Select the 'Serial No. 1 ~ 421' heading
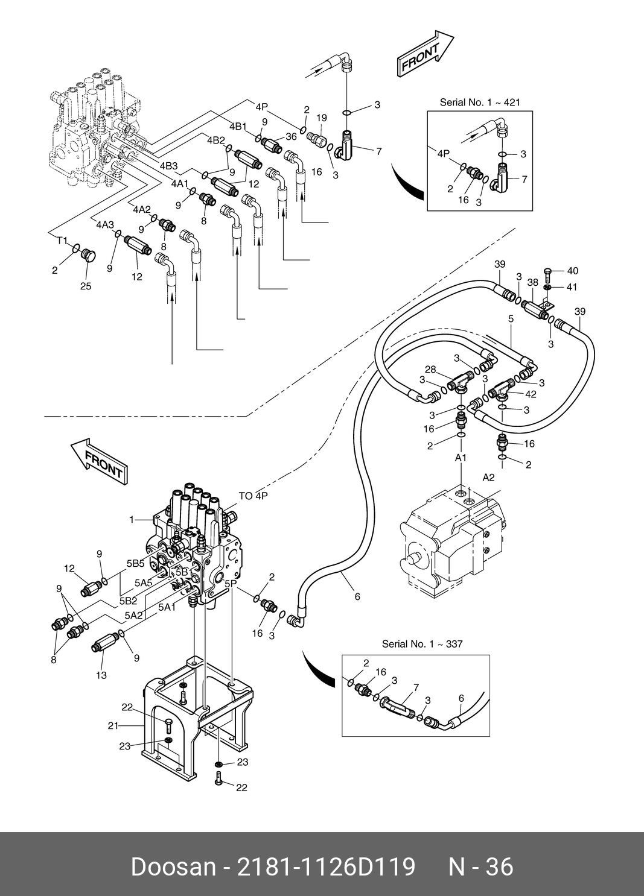480,103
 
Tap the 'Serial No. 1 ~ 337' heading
422,644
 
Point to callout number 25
86,286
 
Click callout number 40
572,271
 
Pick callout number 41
572,287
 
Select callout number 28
430,370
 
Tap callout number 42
531,394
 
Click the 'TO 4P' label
253,496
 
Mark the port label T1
62,241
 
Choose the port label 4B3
168,166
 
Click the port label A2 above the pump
488,477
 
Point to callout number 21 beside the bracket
113,726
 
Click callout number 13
101,675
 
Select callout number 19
321,118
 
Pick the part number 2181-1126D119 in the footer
327,866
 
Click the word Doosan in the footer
174,866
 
